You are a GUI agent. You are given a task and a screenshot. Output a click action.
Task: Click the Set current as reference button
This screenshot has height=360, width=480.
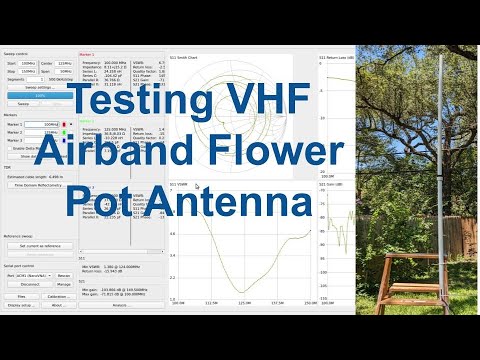click(x=40, y=245)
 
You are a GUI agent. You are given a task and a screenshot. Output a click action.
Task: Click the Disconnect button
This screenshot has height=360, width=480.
click(x=30, y=283)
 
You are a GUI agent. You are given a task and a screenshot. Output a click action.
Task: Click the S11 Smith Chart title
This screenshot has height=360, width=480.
click(x=185, y=56)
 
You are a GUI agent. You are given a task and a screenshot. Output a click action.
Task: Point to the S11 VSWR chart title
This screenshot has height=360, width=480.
click(x=180, y=184)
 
